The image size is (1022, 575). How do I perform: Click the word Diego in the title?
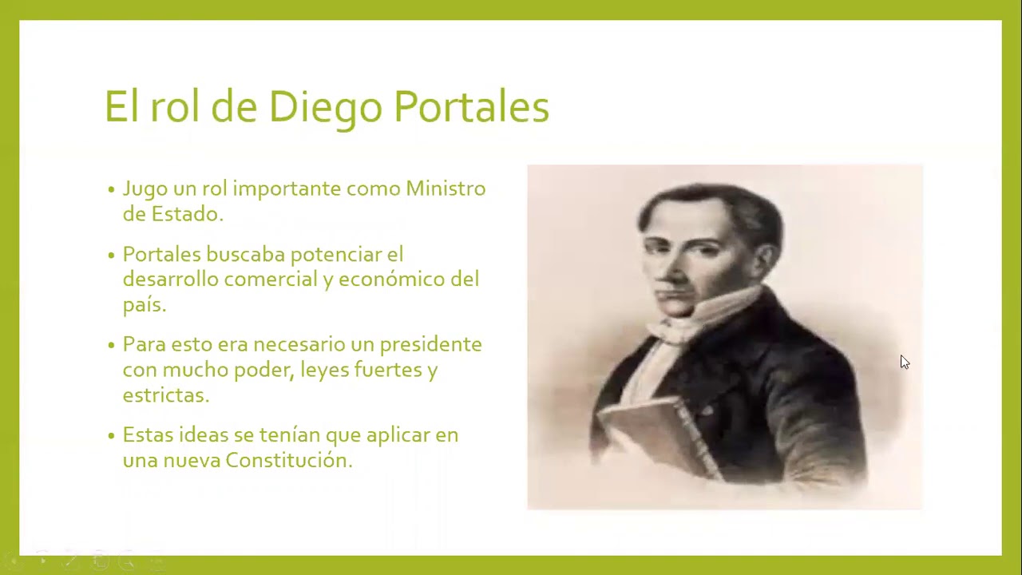point(324,107)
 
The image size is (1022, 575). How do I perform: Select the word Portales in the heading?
point(471,107)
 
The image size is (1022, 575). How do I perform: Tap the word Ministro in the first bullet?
point(446,188)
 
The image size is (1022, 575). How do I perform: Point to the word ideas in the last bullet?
point(203,434)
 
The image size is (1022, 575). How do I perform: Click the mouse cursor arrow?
point(904,362)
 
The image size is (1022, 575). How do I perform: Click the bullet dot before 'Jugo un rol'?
point(112,190)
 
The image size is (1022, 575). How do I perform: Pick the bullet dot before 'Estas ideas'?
point(112,436)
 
